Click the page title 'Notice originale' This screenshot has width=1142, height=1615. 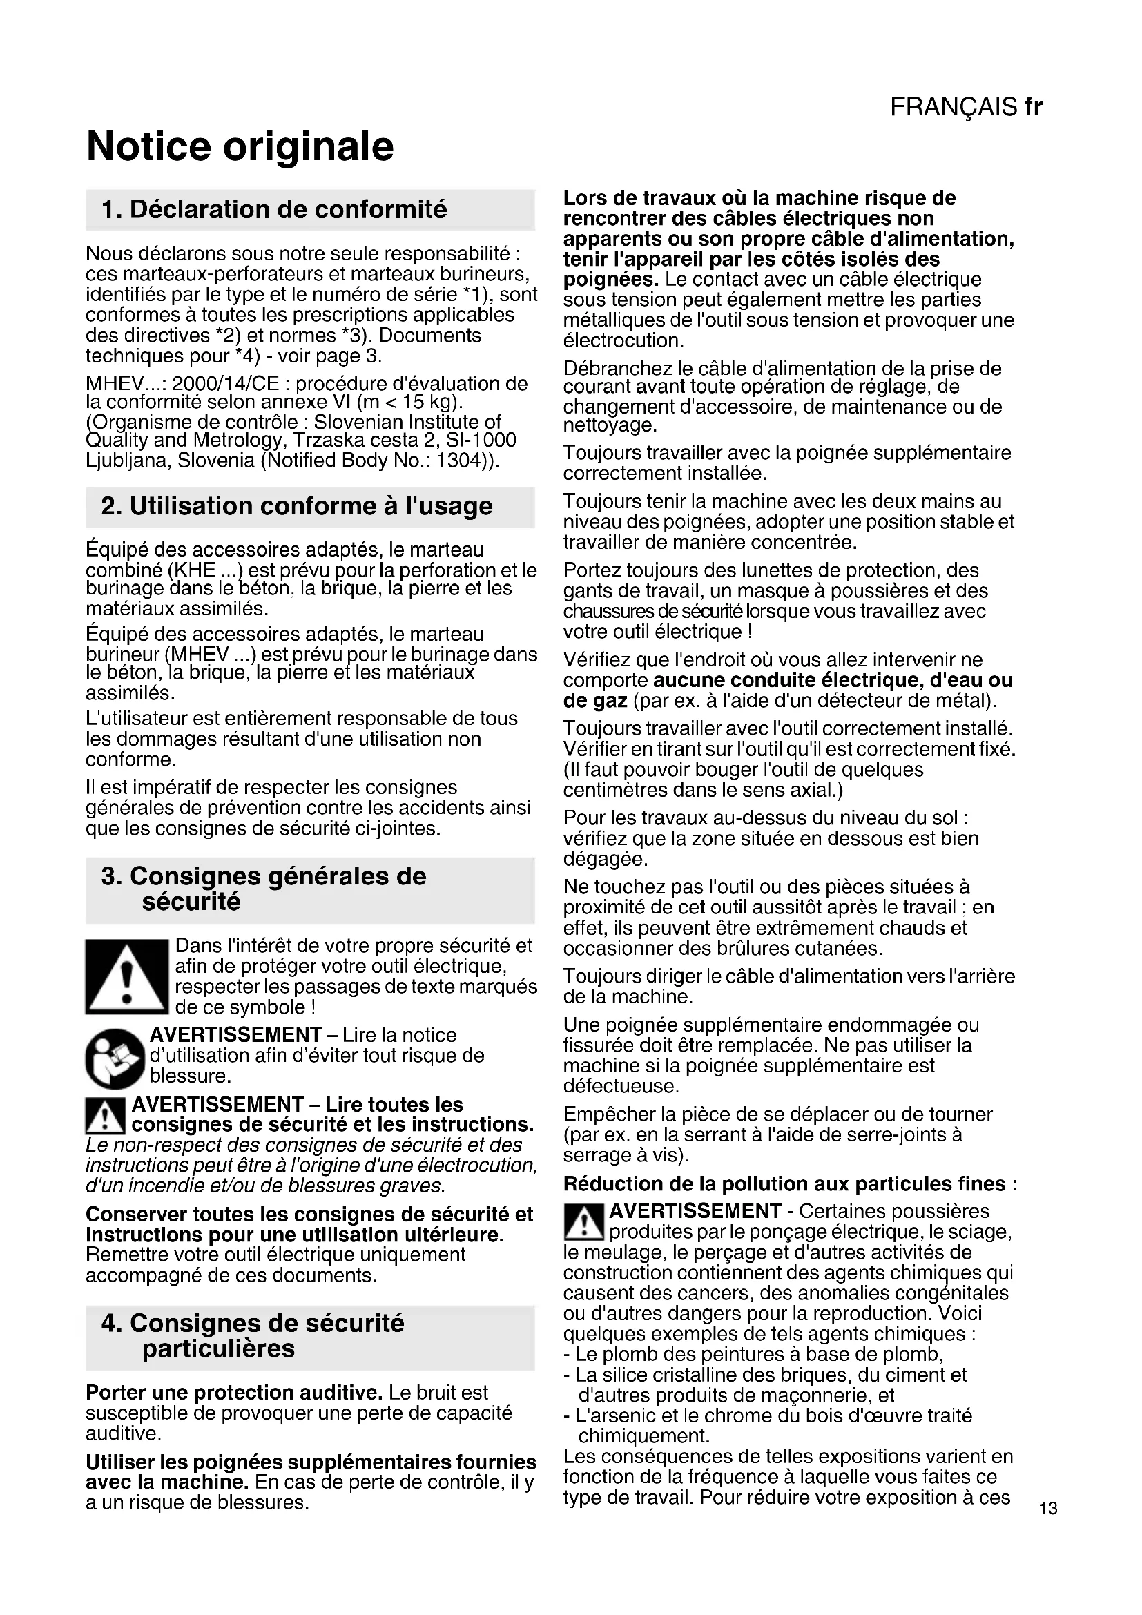pos(240,146)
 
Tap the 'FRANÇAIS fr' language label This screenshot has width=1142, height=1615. pos(965,107)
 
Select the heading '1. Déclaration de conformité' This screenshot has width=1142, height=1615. pos(274,210)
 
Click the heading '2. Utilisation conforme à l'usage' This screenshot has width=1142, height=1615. pos(297,506)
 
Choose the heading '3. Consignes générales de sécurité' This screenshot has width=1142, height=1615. pos(264,889)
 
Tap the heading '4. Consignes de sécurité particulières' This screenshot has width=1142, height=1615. pos(253,1336)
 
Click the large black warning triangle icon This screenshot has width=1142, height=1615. pos(126,976)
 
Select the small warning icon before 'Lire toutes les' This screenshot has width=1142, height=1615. pos(105,1115)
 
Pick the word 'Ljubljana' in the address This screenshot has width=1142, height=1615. pos(128,461)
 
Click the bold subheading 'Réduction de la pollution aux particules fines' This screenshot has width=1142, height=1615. pos(790,1184)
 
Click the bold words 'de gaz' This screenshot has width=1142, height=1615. pos(595,701)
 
